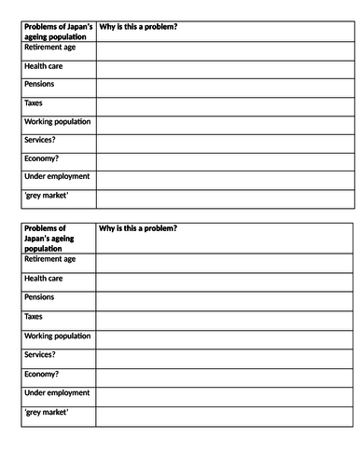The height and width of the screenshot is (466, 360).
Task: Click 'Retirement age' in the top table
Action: (50, 47)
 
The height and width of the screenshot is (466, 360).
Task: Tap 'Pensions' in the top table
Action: (40, 85)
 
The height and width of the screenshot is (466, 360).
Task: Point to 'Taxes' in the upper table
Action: (34, 103)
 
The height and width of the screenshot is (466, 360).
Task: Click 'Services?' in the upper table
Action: (40, 140)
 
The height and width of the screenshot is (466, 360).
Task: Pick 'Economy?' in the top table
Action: (41, 158)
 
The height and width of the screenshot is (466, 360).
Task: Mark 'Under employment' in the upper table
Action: (57, 176)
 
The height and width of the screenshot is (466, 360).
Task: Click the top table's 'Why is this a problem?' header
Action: (138, 27)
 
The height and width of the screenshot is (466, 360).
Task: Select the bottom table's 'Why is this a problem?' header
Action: (138, 228)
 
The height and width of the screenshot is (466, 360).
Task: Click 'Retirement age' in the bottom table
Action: (50, 260)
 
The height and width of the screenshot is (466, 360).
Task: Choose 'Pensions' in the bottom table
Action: (40, 297)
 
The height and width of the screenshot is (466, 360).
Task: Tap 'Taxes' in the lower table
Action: (34, 317)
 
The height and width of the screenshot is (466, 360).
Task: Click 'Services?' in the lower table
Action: (40, 355)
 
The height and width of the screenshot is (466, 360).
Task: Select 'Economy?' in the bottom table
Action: (41, 374)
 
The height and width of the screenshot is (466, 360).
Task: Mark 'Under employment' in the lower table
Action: (57, 392)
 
